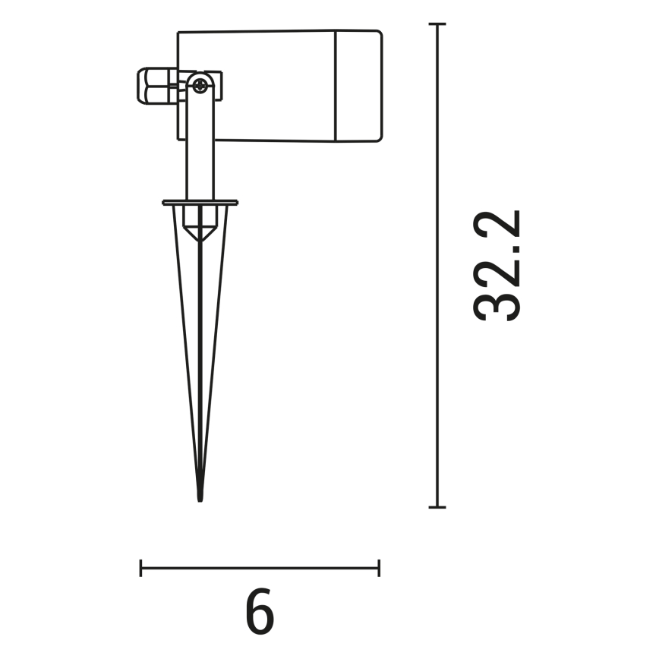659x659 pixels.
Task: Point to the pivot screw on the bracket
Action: (200, 86)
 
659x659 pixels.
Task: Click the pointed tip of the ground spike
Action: (200, 497)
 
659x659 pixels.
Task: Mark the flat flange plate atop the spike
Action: (200, 203)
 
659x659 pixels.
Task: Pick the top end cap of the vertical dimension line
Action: (437, 25)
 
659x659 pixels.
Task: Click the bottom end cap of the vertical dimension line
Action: (437, 506)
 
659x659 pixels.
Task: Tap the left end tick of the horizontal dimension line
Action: (141, 567)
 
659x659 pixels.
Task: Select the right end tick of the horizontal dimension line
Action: (379, 567)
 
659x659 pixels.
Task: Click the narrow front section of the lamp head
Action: (358, 85)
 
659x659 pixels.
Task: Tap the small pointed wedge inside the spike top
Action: (200, 232)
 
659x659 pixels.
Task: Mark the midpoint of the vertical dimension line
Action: (437, 266)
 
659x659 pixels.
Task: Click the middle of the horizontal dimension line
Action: (260, 567)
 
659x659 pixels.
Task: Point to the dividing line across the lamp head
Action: (335, 85)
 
